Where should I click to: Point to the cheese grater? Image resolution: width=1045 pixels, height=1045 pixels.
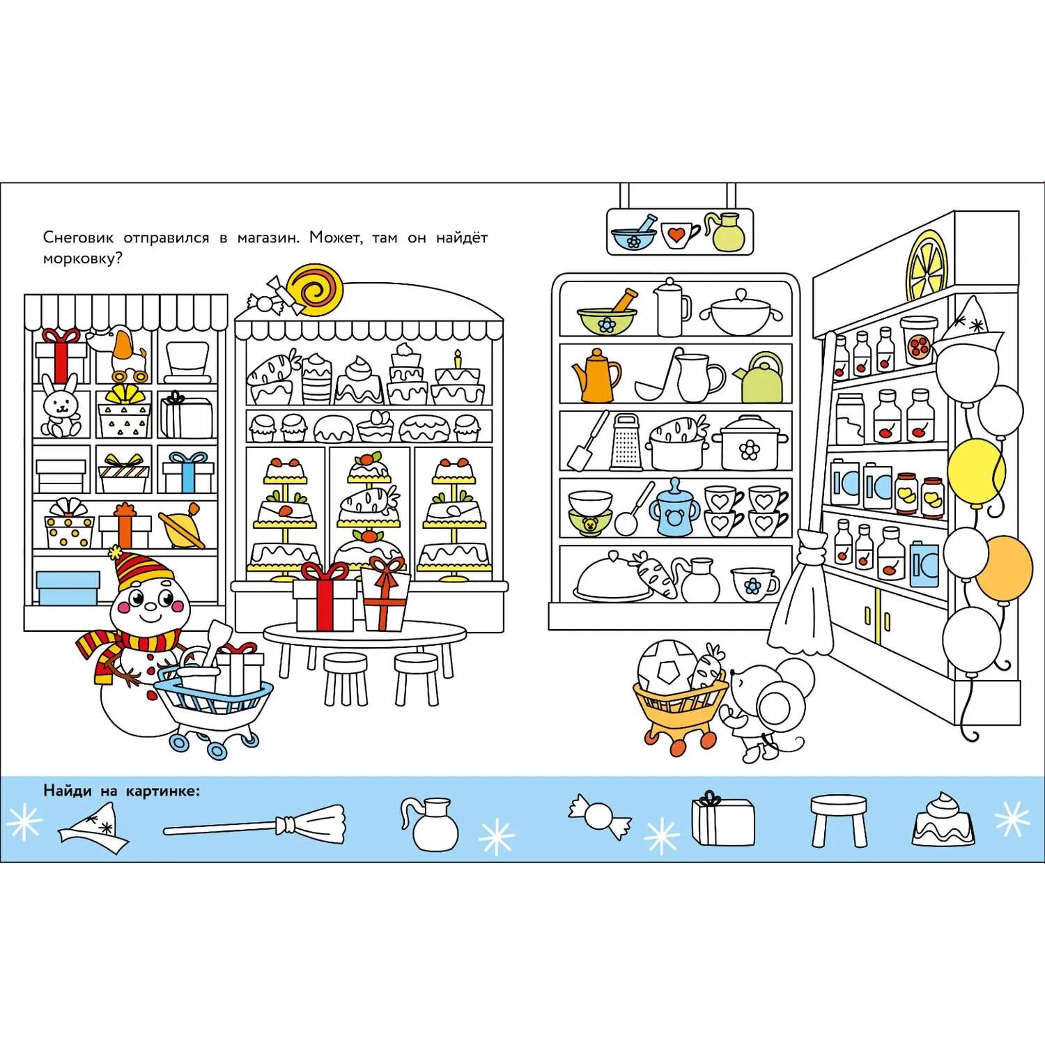[x=626, y=442]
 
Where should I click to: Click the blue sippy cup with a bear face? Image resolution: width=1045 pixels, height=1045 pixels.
[x=673, y=509]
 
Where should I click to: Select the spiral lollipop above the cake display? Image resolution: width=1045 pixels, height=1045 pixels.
[x=316, y=288]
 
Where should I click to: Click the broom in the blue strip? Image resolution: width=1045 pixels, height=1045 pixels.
[x=254, y=824]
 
